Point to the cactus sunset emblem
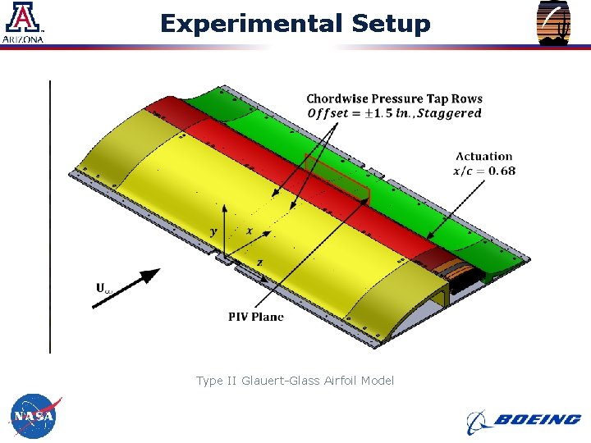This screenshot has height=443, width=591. coord(553,23)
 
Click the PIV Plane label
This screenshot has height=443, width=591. coord(256,317)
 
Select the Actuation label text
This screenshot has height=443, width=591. coord(484,156)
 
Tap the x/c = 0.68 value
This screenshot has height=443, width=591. coord(484,171)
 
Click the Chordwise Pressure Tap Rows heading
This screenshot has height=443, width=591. coord(394,98)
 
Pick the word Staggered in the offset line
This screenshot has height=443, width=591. coord(449,113)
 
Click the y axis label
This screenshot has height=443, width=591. coord(214,232)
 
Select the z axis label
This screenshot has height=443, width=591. coord(259,262)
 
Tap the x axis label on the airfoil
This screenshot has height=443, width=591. coord(249,231)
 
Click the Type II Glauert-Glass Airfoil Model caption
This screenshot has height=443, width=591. coord(295,381)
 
